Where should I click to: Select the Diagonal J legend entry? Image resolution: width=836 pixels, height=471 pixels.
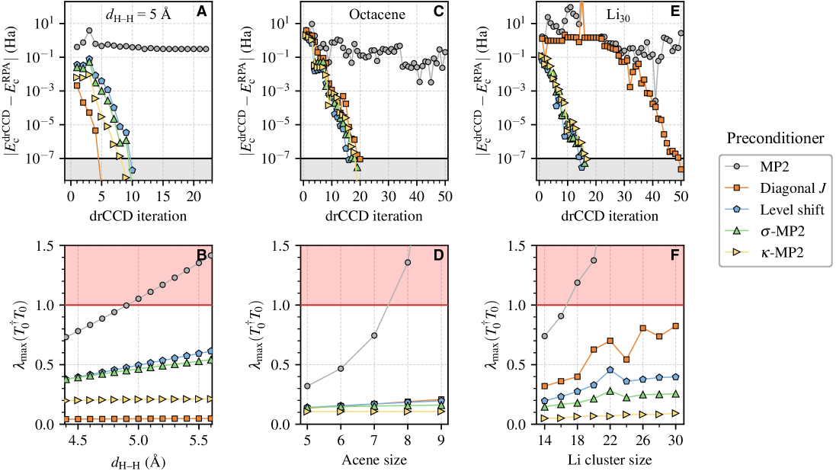[x=784, y=187]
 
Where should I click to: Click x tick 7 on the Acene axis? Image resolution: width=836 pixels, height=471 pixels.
[x=374, y=441]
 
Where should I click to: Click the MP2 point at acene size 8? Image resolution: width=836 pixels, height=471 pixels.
[x=408, y=263]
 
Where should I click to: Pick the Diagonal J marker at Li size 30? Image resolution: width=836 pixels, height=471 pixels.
[x=676, y=326]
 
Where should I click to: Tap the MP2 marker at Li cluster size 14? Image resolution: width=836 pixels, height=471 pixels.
[x=544, y=336]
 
